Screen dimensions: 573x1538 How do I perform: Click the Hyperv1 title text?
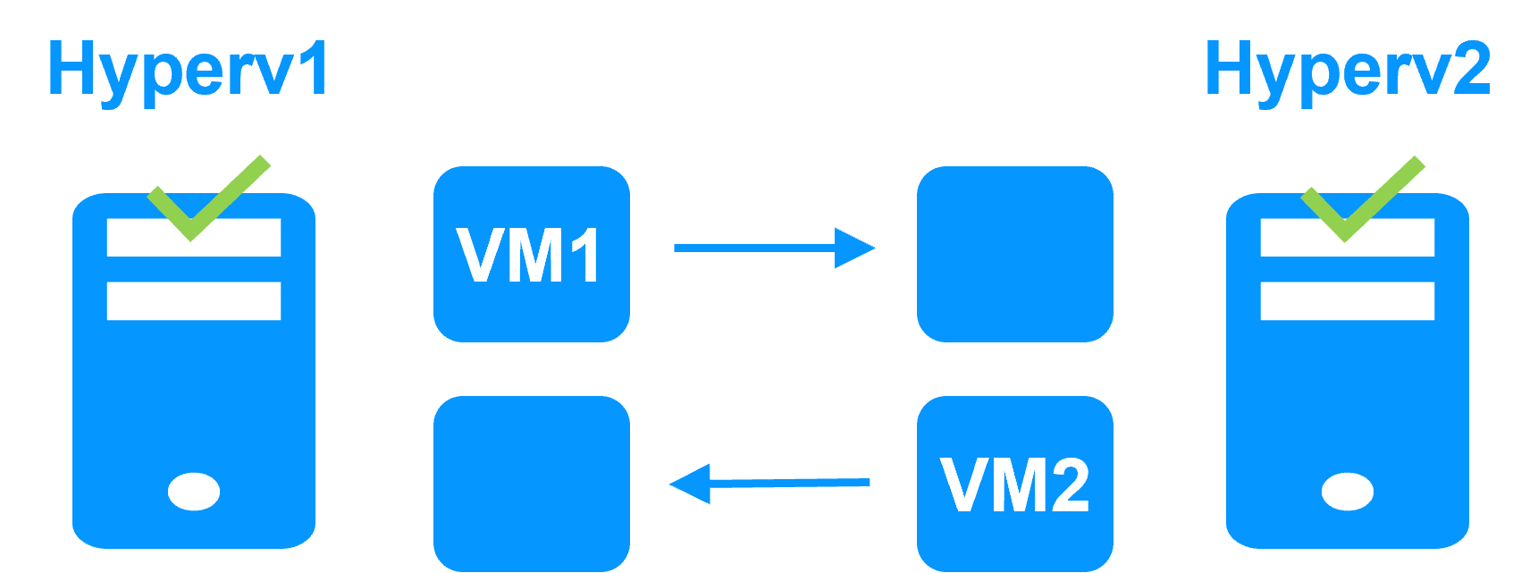click(188, 70)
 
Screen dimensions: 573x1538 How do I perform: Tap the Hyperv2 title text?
click(1347, 70)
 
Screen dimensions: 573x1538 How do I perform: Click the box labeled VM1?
click(532, 254)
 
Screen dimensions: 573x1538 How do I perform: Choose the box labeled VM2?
click(1015, 484)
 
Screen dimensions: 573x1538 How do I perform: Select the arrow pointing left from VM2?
click(769, 484)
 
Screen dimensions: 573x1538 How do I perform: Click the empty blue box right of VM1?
click(1015, 254)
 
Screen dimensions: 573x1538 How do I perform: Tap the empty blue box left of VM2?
click(532, 484)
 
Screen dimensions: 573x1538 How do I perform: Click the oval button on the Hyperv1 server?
click(194, 491)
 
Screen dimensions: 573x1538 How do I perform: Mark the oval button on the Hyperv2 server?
click(1348, 491)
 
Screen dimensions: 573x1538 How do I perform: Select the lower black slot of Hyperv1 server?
click(194, 301)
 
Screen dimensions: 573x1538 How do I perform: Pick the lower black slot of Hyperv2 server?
click(1348, 301)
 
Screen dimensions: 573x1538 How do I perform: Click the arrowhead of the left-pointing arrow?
click(691, 484)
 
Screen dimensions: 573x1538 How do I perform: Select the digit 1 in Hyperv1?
click(313, 70)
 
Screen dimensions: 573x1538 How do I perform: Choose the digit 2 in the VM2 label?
click(1066, 485)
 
